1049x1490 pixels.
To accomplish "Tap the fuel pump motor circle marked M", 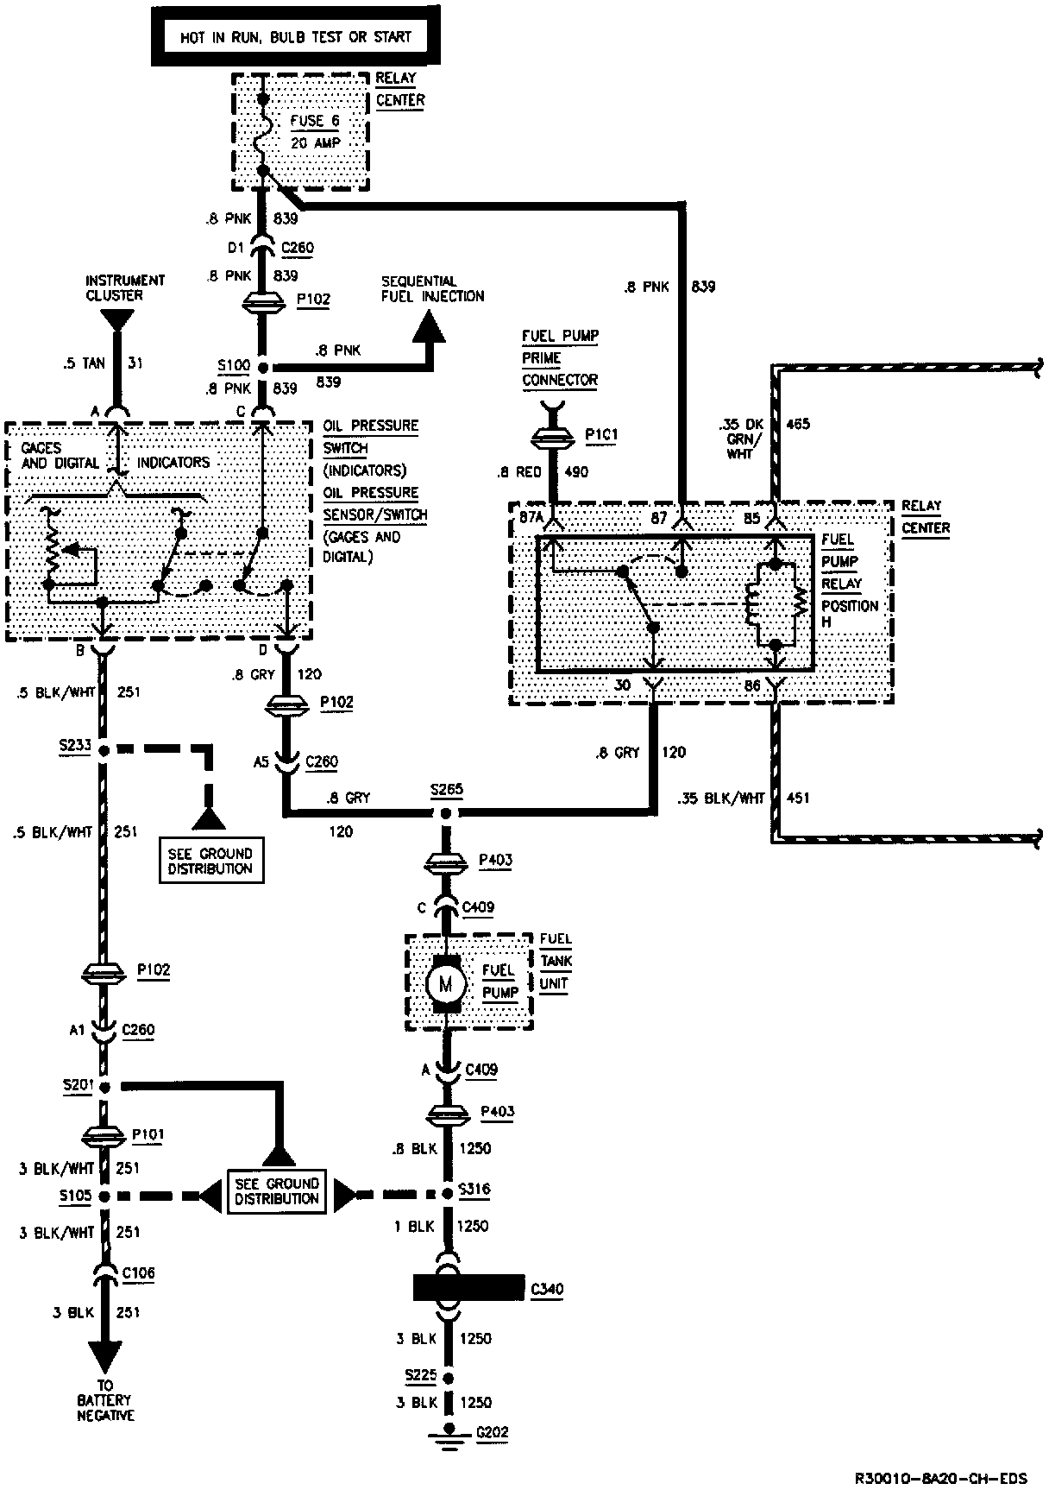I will point(446,982).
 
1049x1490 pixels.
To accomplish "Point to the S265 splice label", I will point(446,790).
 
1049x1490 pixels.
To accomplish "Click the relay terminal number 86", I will point(751,685).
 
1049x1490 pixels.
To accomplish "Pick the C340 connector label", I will point(547,1290).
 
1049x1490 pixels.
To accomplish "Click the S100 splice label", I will point(233,365).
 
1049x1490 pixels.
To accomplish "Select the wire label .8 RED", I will point(518,472).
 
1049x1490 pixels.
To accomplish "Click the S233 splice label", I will point(75,743).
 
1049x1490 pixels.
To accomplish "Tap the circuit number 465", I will point(799,425).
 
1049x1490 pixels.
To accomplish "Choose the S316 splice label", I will point(474,1189).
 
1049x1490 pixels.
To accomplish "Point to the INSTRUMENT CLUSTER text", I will point(125,287).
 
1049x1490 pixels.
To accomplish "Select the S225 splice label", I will point(420,1373).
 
